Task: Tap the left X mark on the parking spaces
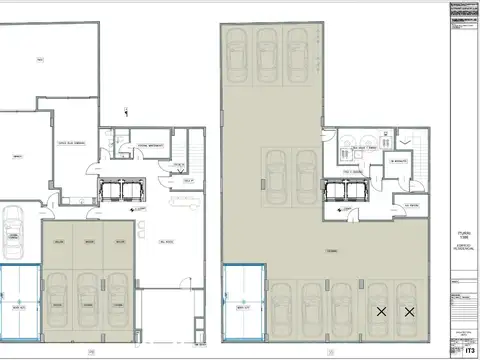pos(381,312)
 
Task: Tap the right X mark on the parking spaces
pos(409,312)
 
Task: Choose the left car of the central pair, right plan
pos(276,171)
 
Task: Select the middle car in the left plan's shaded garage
pos(88,297)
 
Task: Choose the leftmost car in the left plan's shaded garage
pos(59,297)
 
